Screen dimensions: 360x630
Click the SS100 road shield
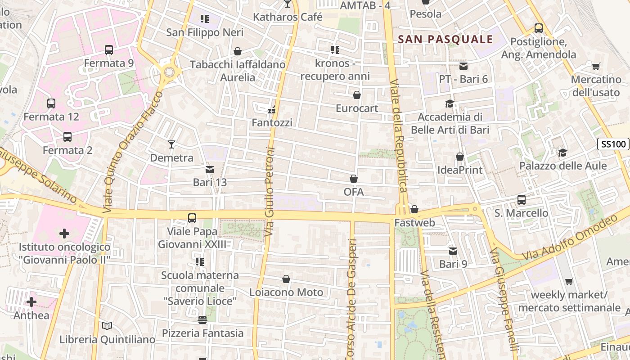tap(613, 144)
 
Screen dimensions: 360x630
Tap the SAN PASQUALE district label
tap(445, 40)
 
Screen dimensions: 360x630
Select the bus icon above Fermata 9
tap(108, 49)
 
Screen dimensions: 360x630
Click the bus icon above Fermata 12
tap(51, 103)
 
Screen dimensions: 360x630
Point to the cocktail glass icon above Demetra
tap(171, 144)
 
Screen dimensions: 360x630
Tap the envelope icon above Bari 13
tap(209, 170)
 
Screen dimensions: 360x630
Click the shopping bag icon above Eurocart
tap(356, 95)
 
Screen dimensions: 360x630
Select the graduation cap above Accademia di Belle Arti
tap(449, 103)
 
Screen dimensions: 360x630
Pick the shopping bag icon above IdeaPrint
tap(459, 157)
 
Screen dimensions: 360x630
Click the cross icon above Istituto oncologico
tap(64, 233)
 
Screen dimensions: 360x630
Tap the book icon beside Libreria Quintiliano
tap(107, 326)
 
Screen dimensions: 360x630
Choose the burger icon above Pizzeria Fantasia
tap(202, 319)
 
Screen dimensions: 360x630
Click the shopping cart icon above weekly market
tap(569, 281)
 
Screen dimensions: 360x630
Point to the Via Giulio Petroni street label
tap(270, 191)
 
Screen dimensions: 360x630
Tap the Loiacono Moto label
tap(286, 292)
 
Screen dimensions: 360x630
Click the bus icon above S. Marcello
tap(521, 199)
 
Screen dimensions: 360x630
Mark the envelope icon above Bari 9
tap(453, 251)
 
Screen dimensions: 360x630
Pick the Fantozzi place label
tap(272, 122)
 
